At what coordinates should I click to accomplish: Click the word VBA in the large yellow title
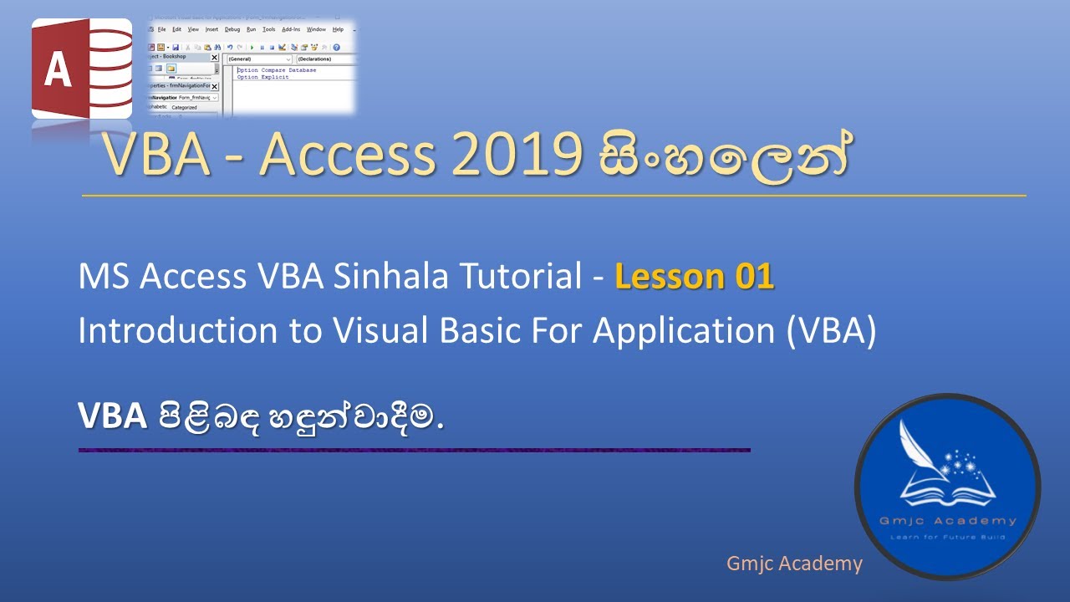(x=155, y=155)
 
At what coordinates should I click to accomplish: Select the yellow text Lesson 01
(x=695, y=277)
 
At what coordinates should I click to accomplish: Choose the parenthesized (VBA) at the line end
(x=831, y=331)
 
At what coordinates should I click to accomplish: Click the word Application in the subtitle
(x=685, y=331)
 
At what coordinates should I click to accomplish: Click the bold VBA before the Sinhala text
(x=113, y=416)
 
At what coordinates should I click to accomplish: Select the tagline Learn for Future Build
(x=947, y=536)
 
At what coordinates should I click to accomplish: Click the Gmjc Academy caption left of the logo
(x=793, y=564)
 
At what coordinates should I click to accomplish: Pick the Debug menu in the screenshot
(x=232, y=29)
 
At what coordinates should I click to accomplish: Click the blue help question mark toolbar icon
(x=336, y=48)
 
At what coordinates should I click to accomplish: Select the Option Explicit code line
(x=263, y=77)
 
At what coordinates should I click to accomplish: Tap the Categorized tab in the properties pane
(x=184, y=107)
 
